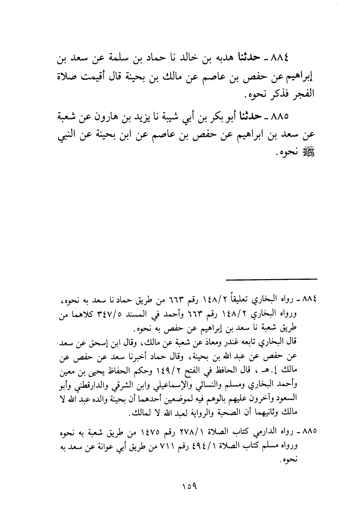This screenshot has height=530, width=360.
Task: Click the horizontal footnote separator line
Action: click(271, 279)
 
